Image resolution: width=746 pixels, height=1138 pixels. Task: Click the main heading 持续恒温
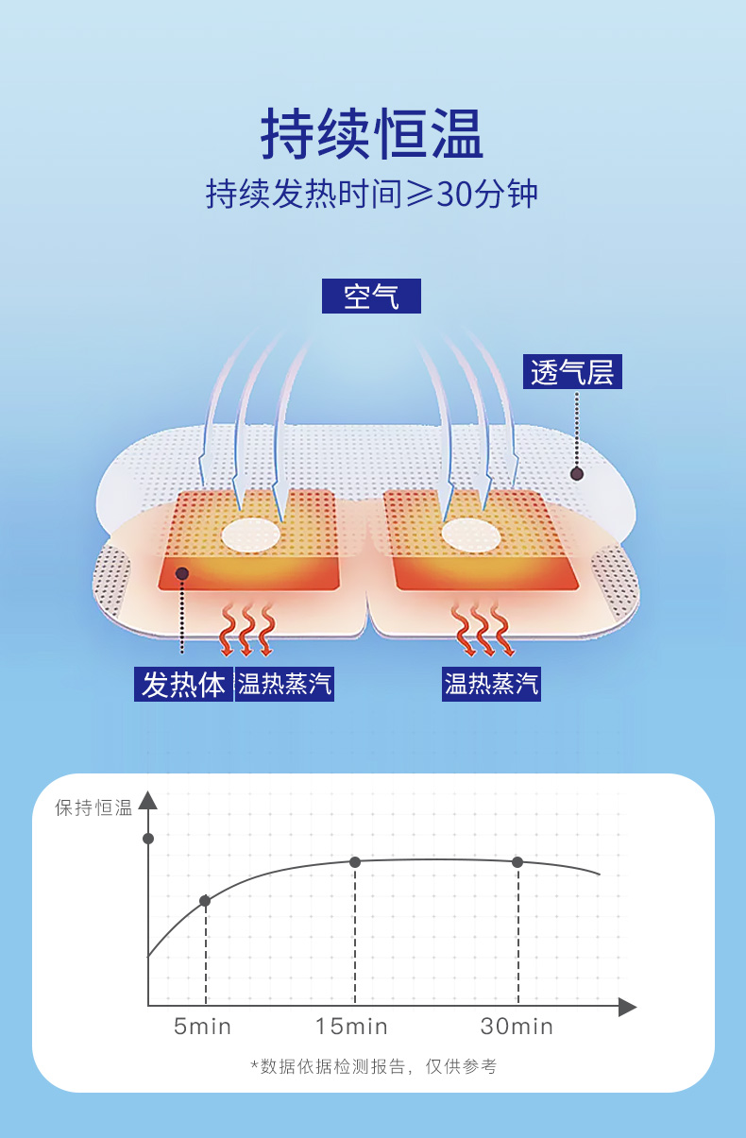tap(372, 134)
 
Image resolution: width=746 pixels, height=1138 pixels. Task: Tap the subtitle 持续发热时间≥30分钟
tap(372, 194)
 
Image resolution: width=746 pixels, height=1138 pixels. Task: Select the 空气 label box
tap(371, 297)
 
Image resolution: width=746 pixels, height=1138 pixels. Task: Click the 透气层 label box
tap(572, 372)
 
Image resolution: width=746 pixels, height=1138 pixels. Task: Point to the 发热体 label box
tap(183, 684)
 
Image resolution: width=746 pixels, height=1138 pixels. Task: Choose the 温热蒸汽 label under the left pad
tap(284, 684)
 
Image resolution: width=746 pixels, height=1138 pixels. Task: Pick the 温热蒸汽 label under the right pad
tap(491, 683)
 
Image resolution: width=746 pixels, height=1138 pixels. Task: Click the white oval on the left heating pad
tap(251, 535)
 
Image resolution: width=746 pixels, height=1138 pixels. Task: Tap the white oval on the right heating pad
tap(470, 535)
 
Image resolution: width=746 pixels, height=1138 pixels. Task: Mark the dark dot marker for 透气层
tap(577, 473)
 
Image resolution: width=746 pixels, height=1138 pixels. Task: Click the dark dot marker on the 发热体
tap(182, 573)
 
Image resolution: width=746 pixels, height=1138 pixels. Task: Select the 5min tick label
tap(202, 1027)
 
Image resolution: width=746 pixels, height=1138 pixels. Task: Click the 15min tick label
tap(351, 1027)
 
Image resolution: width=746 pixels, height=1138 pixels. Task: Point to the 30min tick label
tap(517, 1027)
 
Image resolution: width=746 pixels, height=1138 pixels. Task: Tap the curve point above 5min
tap(205, 901)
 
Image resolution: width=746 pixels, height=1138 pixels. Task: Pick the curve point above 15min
tap(355, 861)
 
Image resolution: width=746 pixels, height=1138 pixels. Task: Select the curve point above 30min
tap(517, 861)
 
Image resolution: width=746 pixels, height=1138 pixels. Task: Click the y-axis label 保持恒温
tap(93, 808)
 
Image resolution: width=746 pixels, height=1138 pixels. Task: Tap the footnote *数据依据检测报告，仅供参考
tap(373, 1066)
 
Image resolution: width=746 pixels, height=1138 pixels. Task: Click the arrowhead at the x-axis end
tap(628, 1007)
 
